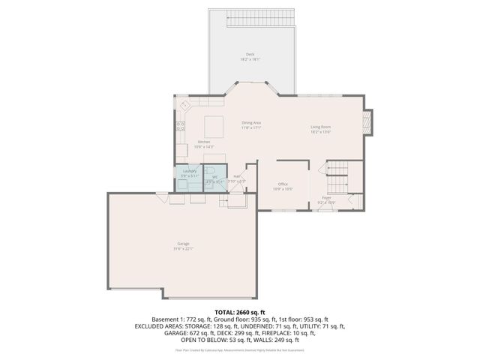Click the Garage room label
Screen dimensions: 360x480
click(x=183, y=244)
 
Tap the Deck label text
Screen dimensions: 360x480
click(x=250, y=55)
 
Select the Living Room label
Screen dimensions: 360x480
click(x=321, y=127)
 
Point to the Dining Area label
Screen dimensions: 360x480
click(x=250, y=122)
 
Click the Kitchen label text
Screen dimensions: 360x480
click(x=204, y=142)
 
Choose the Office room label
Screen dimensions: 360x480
click(x=283, y=184)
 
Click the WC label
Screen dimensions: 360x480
click(x=214, y=177)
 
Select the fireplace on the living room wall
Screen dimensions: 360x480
click(x=367, y=122)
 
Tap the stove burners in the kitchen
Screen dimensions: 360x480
click(x=181, y=126)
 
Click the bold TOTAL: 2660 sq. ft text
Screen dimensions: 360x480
click(x=240, y=311)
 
